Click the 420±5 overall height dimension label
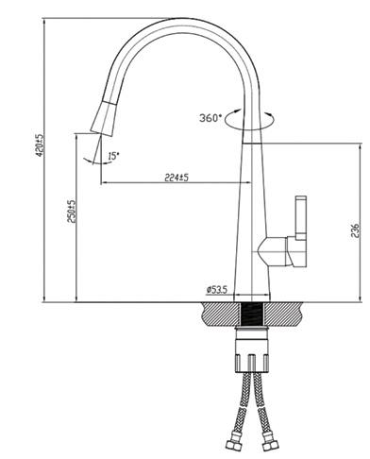pyautogui.click(x=41, y=145)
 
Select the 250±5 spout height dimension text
pyautogui.click(x=73, y=212)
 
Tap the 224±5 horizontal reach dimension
pyautogui.click(x=177, y=178)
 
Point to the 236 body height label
pyautogui.click(x=355, y=230)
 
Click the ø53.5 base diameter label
pyautogui.click(x=217, y=289)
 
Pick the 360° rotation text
pyautogui.click(x=210, y=118)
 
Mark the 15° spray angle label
pyautogui.click(x=114, y=156)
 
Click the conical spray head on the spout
pyautogui.click(x=103, y=119)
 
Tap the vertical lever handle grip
pyautogui.click(x=300, y=218)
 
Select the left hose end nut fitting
pyautogui.click(x=234, y=443)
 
